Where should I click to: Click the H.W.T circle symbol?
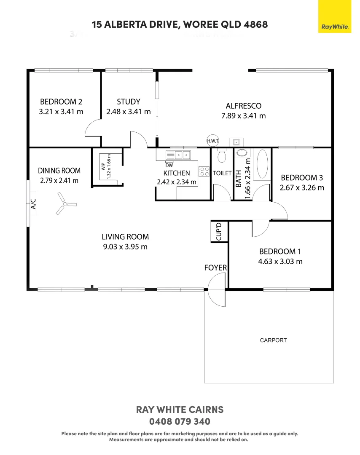pyautogui.click(x=212, y=141)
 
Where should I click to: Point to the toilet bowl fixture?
pyautogui.click(x=221, y=156)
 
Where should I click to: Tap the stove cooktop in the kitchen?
pyautogui.click(x=204, y=171)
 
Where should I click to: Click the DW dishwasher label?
pyautogui.click(x=169, y=165)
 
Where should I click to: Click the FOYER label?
pyautogui.click(x=215, y=268)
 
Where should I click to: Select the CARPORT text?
pyautogui.click(x=273, y=340)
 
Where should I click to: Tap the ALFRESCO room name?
pyautogui.click(x=243, y=106)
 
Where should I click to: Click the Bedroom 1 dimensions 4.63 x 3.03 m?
pyautogui.click(x=280, y=261)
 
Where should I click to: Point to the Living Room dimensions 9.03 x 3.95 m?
pyautogui.click(x=125, y=247)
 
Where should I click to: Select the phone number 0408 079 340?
pyautogui.click(x=180, y=421)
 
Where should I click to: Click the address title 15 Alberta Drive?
pyautogui.click(x=180, y=24)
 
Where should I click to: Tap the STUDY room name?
pyautogui.click(x=128, y=102)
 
